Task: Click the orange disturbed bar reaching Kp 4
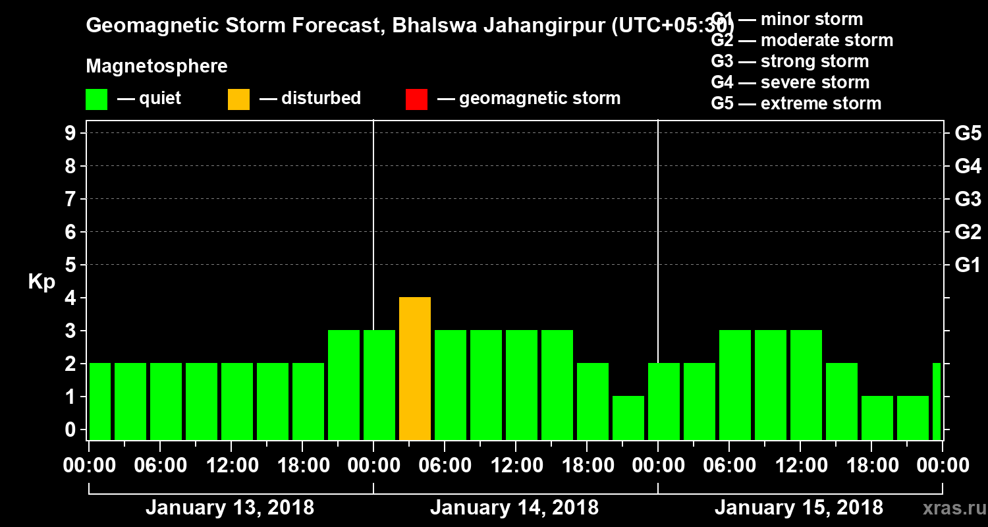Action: point(415,369)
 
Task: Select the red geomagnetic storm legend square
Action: point(416,99)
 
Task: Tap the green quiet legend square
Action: point(96,99)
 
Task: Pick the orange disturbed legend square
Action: point(238,99)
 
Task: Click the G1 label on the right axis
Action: point(968,265)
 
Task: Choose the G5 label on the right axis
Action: point(968,134)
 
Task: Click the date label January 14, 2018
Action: point(514,508)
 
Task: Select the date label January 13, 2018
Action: point(230,508)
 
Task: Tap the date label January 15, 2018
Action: point(799,508)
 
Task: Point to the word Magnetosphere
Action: point(157,67)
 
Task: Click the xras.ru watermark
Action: point(953,508)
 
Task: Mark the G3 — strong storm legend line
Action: point(790,61)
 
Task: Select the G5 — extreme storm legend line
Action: point(796,103)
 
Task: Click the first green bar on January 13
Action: point(100,401)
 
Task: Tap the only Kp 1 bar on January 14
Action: point(628,418)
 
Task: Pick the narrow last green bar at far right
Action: point(937,401)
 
